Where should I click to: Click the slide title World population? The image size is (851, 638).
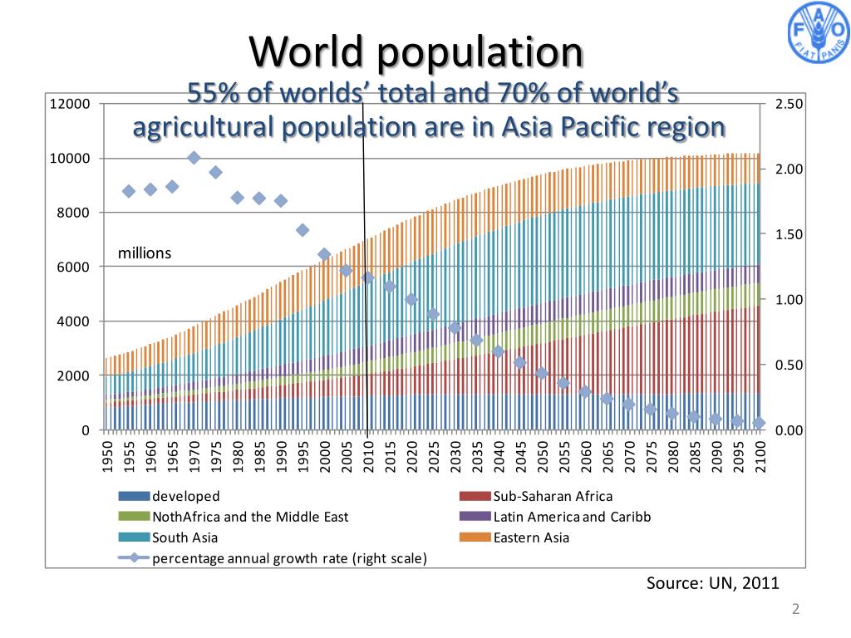(x=416, y=52)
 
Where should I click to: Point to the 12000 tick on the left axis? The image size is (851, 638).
(x=70, y=104)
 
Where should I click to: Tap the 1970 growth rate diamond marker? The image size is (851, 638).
(x=194, y=158)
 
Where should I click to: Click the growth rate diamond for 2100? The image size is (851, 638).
(x=758, y=423)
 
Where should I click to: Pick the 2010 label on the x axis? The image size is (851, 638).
(x=367, y=457)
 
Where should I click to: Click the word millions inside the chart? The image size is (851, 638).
(x=145, y=253)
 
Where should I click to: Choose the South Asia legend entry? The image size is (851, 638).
(x=184, y=537)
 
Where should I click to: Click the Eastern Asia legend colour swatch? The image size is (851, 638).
(x=475, y=537)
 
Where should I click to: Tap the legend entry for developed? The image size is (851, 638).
(x=185, y=497)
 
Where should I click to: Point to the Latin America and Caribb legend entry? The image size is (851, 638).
(x=572, y=517)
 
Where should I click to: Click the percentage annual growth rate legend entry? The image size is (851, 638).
(x=289, y=558)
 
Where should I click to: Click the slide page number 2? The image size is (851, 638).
(x=795, y=610)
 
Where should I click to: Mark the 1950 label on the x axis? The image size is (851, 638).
(x=107, y=457)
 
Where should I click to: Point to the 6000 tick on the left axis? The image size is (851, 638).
(x=73, y=267)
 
